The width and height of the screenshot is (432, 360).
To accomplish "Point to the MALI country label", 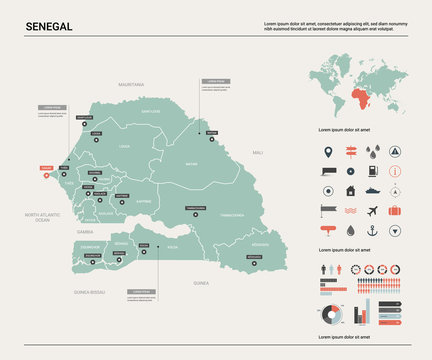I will click(x=258, y=152).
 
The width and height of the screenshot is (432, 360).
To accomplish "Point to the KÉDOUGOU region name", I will click(x=260, y=245).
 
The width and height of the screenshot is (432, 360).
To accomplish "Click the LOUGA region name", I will click(x=124, y=146).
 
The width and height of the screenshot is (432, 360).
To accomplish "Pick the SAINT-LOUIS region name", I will click(x=150, y=111).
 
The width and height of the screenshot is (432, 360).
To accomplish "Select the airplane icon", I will click(x=373, y=211).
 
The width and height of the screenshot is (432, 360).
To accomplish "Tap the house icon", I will click(x=351, y=190).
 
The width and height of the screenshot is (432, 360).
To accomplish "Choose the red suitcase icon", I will click(x=396, y=211).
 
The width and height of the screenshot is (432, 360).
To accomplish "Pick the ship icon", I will click(x=373, y=190).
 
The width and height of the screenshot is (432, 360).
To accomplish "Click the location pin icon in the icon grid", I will click(x=328, y=153).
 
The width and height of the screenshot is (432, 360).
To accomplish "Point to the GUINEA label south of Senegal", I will click(x=201, y=283).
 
